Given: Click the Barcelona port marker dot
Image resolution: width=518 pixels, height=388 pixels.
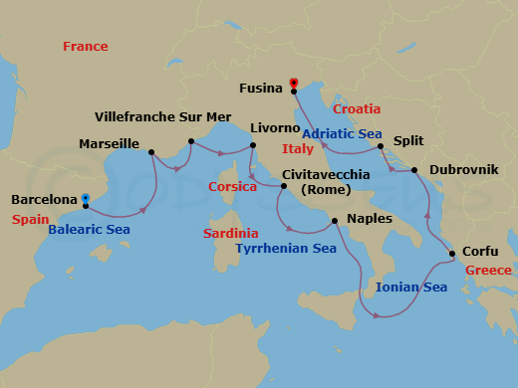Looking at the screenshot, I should (85, 198).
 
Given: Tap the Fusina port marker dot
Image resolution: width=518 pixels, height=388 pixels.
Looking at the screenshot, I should (294, 92).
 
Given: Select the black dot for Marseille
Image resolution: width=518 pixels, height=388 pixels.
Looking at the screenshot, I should (150, 152).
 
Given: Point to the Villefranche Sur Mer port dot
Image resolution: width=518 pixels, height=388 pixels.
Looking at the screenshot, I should (190, 127).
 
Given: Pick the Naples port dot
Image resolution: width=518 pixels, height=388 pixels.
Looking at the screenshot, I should (334, 221).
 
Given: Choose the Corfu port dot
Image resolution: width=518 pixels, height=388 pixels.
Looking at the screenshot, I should (453, 254).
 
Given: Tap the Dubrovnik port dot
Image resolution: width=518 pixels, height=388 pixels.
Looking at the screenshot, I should (415, 170).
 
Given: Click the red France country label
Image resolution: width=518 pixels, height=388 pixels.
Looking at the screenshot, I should (85, 47).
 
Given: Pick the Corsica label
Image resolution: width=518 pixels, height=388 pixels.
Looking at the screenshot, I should (233, 186).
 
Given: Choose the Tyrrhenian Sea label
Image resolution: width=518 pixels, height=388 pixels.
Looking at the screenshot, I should (286, 249).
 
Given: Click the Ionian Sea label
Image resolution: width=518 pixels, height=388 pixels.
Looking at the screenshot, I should (411, 288).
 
